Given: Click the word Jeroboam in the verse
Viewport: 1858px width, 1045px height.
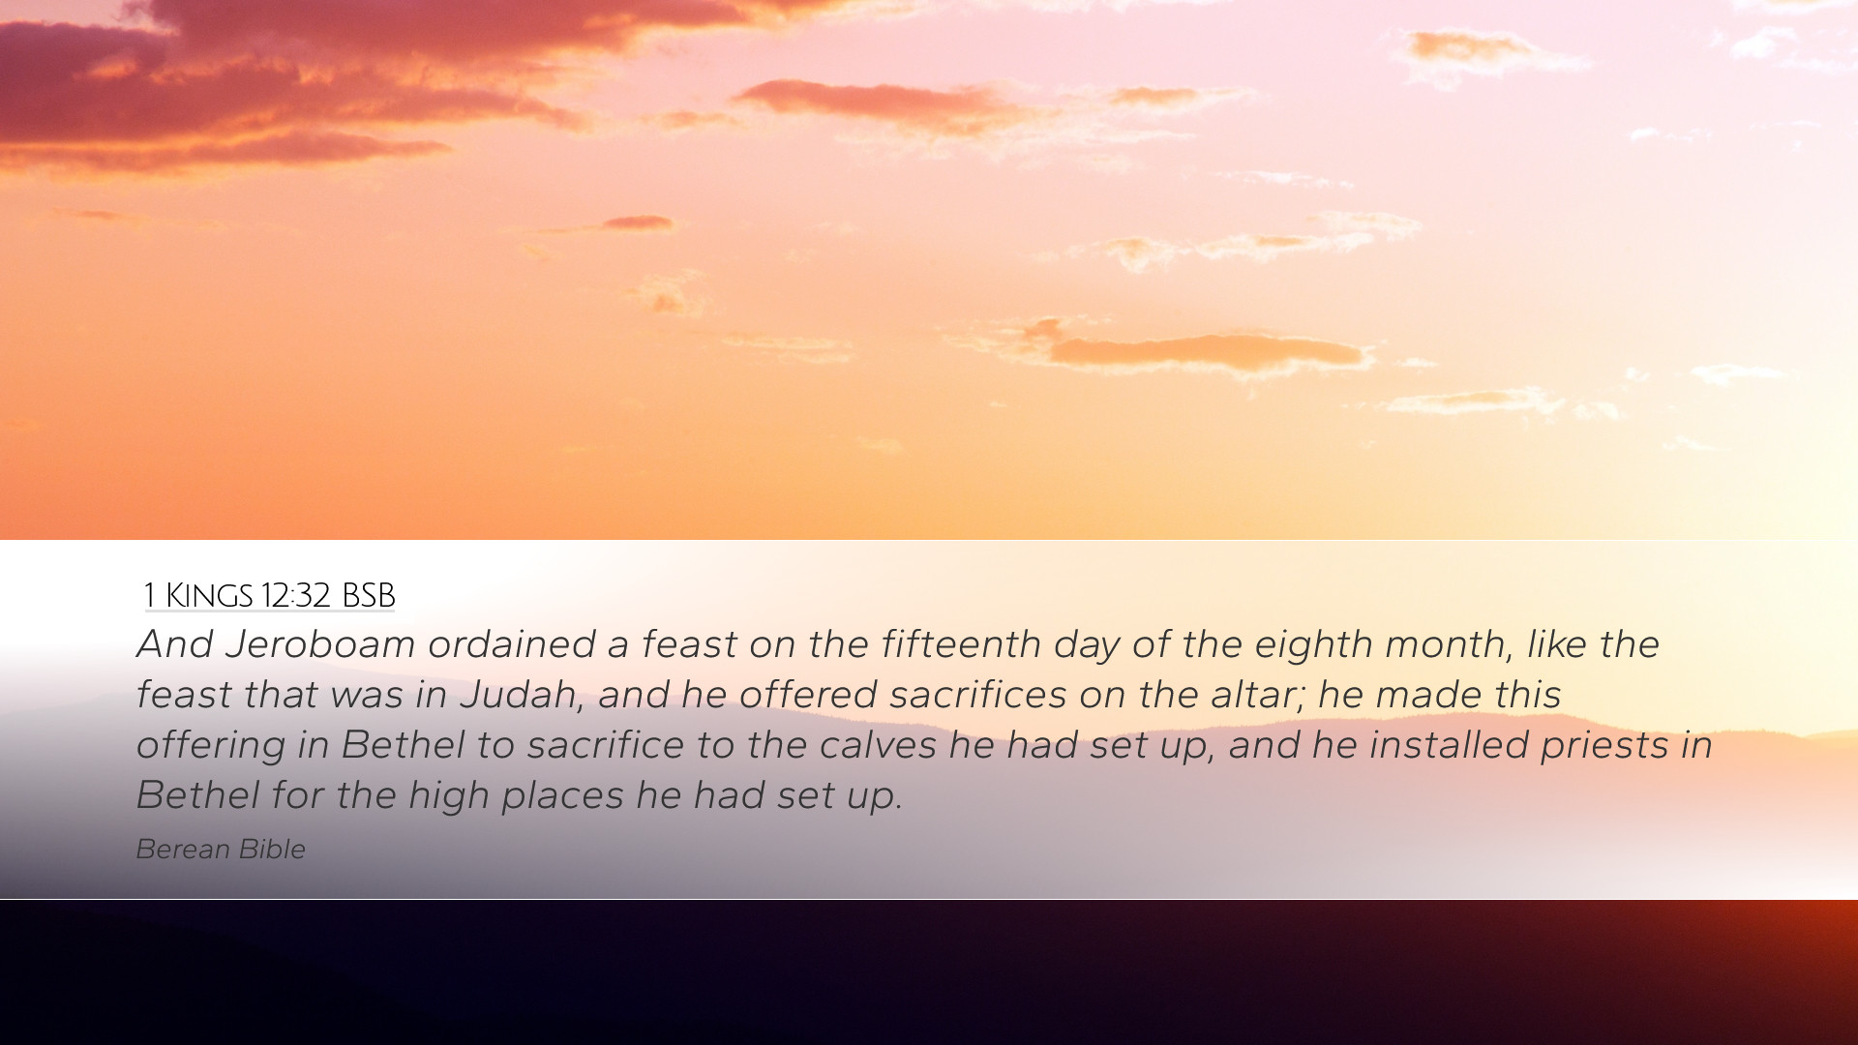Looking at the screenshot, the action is pyautogui.click(x=320, y=644).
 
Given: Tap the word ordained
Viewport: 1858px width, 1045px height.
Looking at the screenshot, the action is pyautogui.click(x=511, y=644).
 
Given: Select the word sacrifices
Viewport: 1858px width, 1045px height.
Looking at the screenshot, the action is pyautogui.click(x=978, y=695).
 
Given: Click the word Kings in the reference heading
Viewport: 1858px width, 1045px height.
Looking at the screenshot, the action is pyautogui.click(x=209, y=595).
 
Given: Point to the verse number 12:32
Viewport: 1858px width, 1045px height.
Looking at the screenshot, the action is pyautogui.click(x=295, y=595).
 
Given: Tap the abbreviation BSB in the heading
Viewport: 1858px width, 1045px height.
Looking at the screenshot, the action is pyautogui.click(x=369, y=595).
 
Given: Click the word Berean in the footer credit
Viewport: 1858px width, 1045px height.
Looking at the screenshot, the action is pyautogui.click(x=183, y=849).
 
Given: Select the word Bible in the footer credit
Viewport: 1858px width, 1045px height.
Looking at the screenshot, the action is pyautogui.click(x=272, y=849).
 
